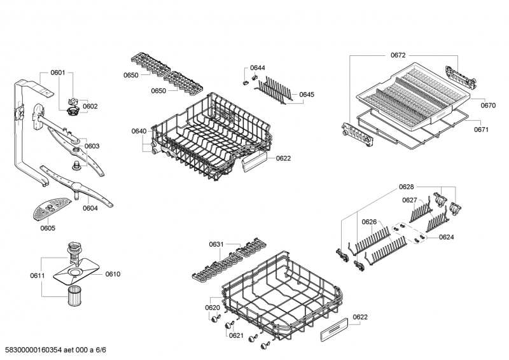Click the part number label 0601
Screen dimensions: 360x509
coord(57,73)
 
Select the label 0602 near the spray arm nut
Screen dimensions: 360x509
coord(90,106)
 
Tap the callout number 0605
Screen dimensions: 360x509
coord(48,228)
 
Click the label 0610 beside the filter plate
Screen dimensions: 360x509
coord(113,274)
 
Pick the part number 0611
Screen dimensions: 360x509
coord(37,275)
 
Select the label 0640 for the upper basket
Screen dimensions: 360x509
coord(139,131)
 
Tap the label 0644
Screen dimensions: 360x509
coord(258,67)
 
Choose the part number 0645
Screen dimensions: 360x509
coord(307,94)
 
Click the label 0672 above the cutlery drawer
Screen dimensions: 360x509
coord(398,55)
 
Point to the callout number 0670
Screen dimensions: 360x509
coord(488,105)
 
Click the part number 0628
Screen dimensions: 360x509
coord(406,186)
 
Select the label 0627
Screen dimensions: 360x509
coord(410,200)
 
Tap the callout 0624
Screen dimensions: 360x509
coord(446,237)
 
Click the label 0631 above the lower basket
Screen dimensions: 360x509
coord(216,244)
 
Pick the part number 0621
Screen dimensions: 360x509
coord(236,335)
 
